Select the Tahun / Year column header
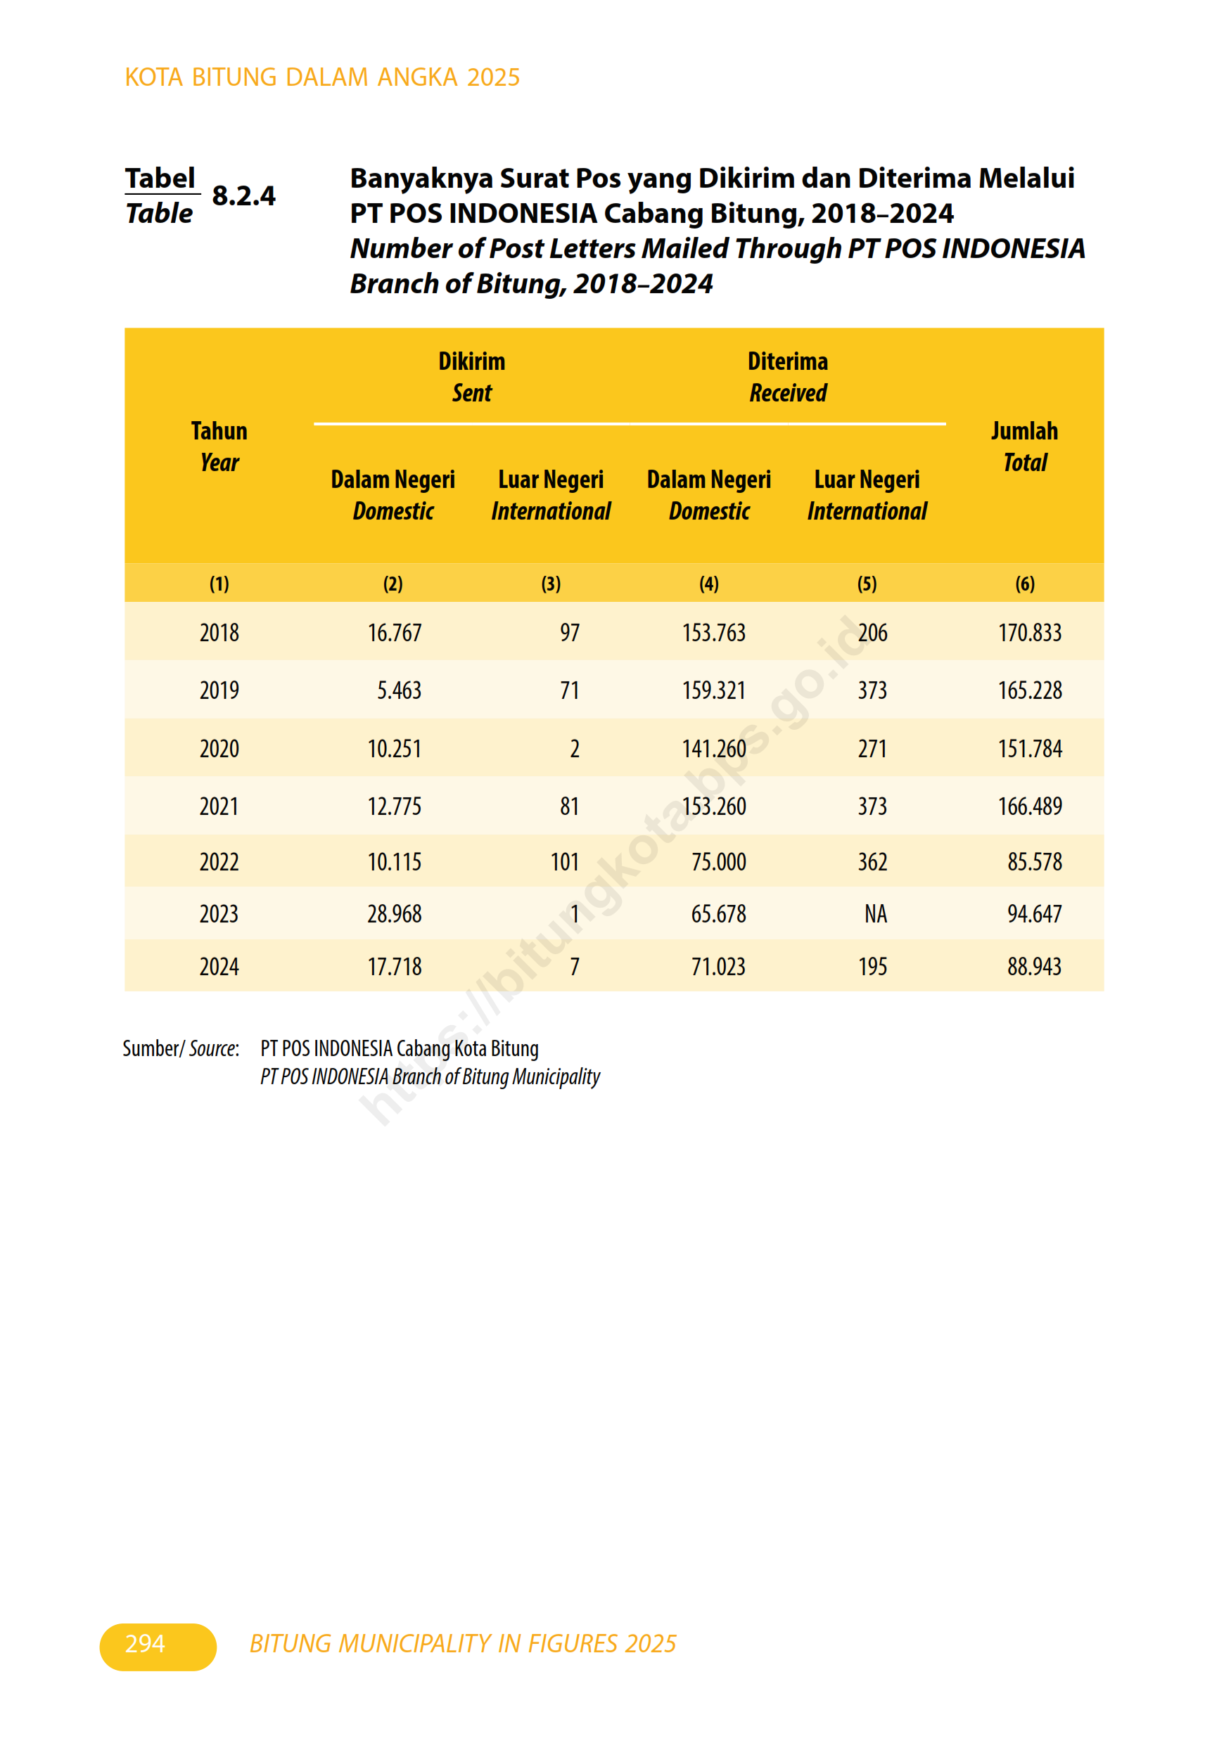pyautogui.click(x=219, y=446)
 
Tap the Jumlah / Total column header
pyautogui.click(x=1023, y=446)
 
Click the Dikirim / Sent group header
pyautogui.click(x=471, y=377)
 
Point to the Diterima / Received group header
pyautogui.click(x=788, y=377)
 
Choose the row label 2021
pyautogui.click(x=219, y=806)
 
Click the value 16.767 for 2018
pyautogui.click(x=394, y=632)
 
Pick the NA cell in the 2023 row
pyautogui.click(x=875, y=914)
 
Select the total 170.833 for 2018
pyautogui.click(x=1029, y=632)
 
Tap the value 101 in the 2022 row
pyautogui.click(x=564, y=863)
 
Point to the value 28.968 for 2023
pyautogui.click(x=394, y=914)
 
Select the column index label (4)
pyautogui.click(x=708, y=584)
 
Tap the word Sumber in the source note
pyautogui.click(x=151, y=1048)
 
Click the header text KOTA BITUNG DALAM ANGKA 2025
pyautogui.click(x=322, y=77)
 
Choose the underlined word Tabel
pyautogui.click(x=160, y=179)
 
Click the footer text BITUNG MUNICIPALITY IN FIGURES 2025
pyautogui.click(x=462, y=1644)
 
